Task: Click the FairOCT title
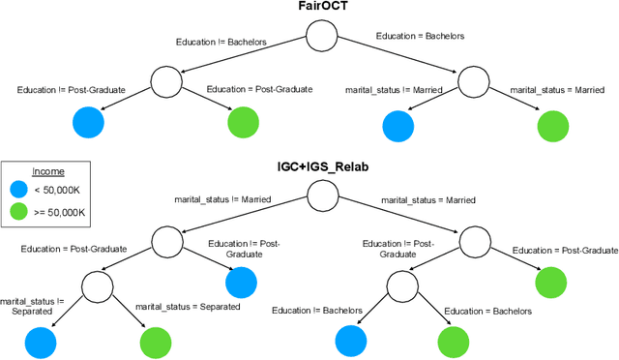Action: point(322,9)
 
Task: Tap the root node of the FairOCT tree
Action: point(322,38)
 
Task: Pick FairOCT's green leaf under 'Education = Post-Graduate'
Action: point(244,122)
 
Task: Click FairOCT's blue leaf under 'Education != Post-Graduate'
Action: point(88,122)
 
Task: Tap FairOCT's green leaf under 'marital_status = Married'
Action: point(553,126)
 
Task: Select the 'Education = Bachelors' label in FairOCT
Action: point(420,36)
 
